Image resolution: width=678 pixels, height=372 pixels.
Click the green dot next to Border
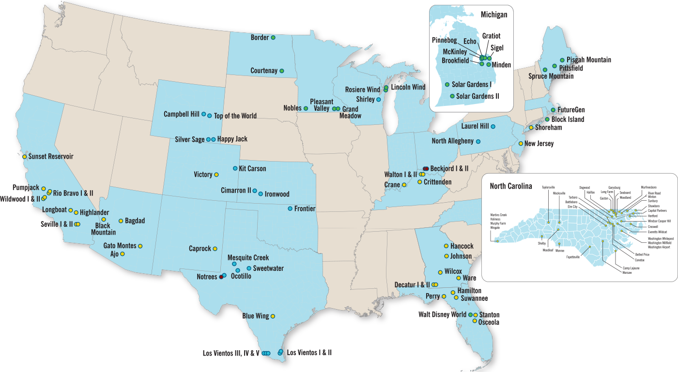[273, 37]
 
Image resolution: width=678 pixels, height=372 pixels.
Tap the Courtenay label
[264, 71]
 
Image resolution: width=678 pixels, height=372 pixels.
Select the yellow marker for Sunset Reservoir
[25, 157]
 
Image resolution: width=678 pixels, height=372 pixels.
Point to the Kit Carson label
[252, 169]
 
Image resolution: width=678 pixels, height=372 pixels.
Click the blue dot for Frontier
[290, 208]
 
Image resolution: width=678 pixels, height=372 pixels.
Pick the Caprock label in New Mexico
[200, 249]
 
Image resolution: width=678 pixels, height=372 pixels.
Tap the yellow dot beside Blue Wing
[273, 316]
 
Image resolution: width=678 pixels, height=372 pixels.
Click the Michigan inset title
[494, 15]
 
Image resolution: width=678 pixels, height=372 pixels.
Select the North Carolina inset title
[510, 186]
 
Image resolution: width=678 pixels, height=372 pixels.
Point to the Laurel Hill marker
[493, 126]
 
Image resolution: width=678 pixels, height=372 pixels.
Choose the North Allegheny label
[452, 141]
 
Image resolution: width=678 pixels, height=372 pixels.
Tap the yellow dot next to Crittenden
[419, 182]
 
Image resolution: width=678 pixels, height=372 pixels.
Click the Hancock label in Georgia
[462, 246]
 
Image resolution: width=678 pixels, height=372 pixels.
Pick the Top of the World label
[235, 116]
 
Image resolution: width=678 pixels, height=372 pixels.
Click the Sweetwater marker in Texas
[249, 268]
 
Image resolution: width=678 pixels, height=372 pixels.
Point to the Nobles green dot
[306, 108]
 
